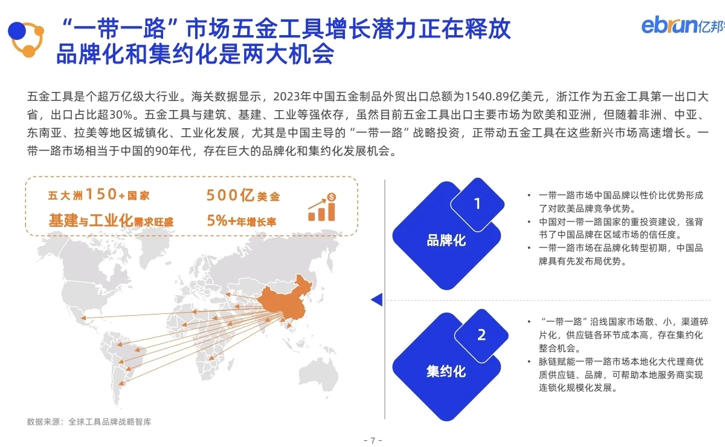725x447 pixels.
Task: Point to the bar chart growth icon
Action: point(322,207)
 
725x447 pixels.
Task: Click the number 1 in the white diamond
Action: point(477,204)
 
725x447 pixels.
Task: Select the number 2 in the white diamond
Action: point(481,335)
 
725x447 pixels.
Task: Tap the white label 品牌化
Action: point(446,240)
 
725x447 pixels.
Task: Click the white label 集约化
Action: point(446,371)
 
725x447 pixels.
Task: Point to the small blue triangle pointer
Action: point(376,299)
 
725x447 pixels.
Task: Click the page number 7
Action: point(373,440)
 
